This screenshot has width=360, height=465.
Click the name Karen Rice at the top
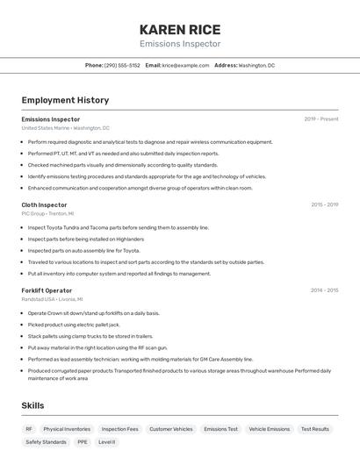coord(180,29)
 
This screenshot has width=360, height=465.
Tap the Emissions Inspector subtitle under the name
coord(180,44)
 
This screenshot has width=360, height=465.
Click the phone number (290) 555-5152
coord(122,65)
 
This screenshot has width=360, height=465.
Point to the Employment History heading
coord(65,100)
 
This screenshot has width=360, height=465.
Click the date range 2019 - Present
coord(321,119)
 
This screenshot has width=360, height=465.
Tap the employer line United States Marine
coord(65,128)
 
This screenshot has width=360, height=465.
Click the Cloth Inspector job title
coord(44,204)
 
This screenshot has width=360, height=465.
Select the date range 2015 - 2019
coord(324,204)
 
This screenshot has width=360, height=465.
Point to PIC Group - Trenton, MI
coord(47,213)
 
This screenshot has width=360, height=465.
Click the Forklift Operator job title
coord(47,290)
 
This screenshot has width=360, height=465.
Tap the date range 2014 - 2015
coord(324,290)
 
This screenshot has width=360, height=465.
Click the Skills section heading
coord(32,405)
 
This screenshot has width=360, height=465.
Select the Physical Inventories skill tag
coord(67,429)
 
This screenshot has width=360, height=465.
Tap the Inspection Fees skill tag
coord(119,429)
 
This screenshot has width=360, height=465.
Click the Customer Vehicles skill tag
coord(170,429)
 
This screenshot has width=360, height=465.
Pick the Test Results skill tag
coord(314,429)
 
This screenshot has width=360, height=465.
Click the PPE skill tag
coord(82,442)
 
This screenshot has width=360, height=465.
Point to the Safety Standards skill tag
coord(46,442)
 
